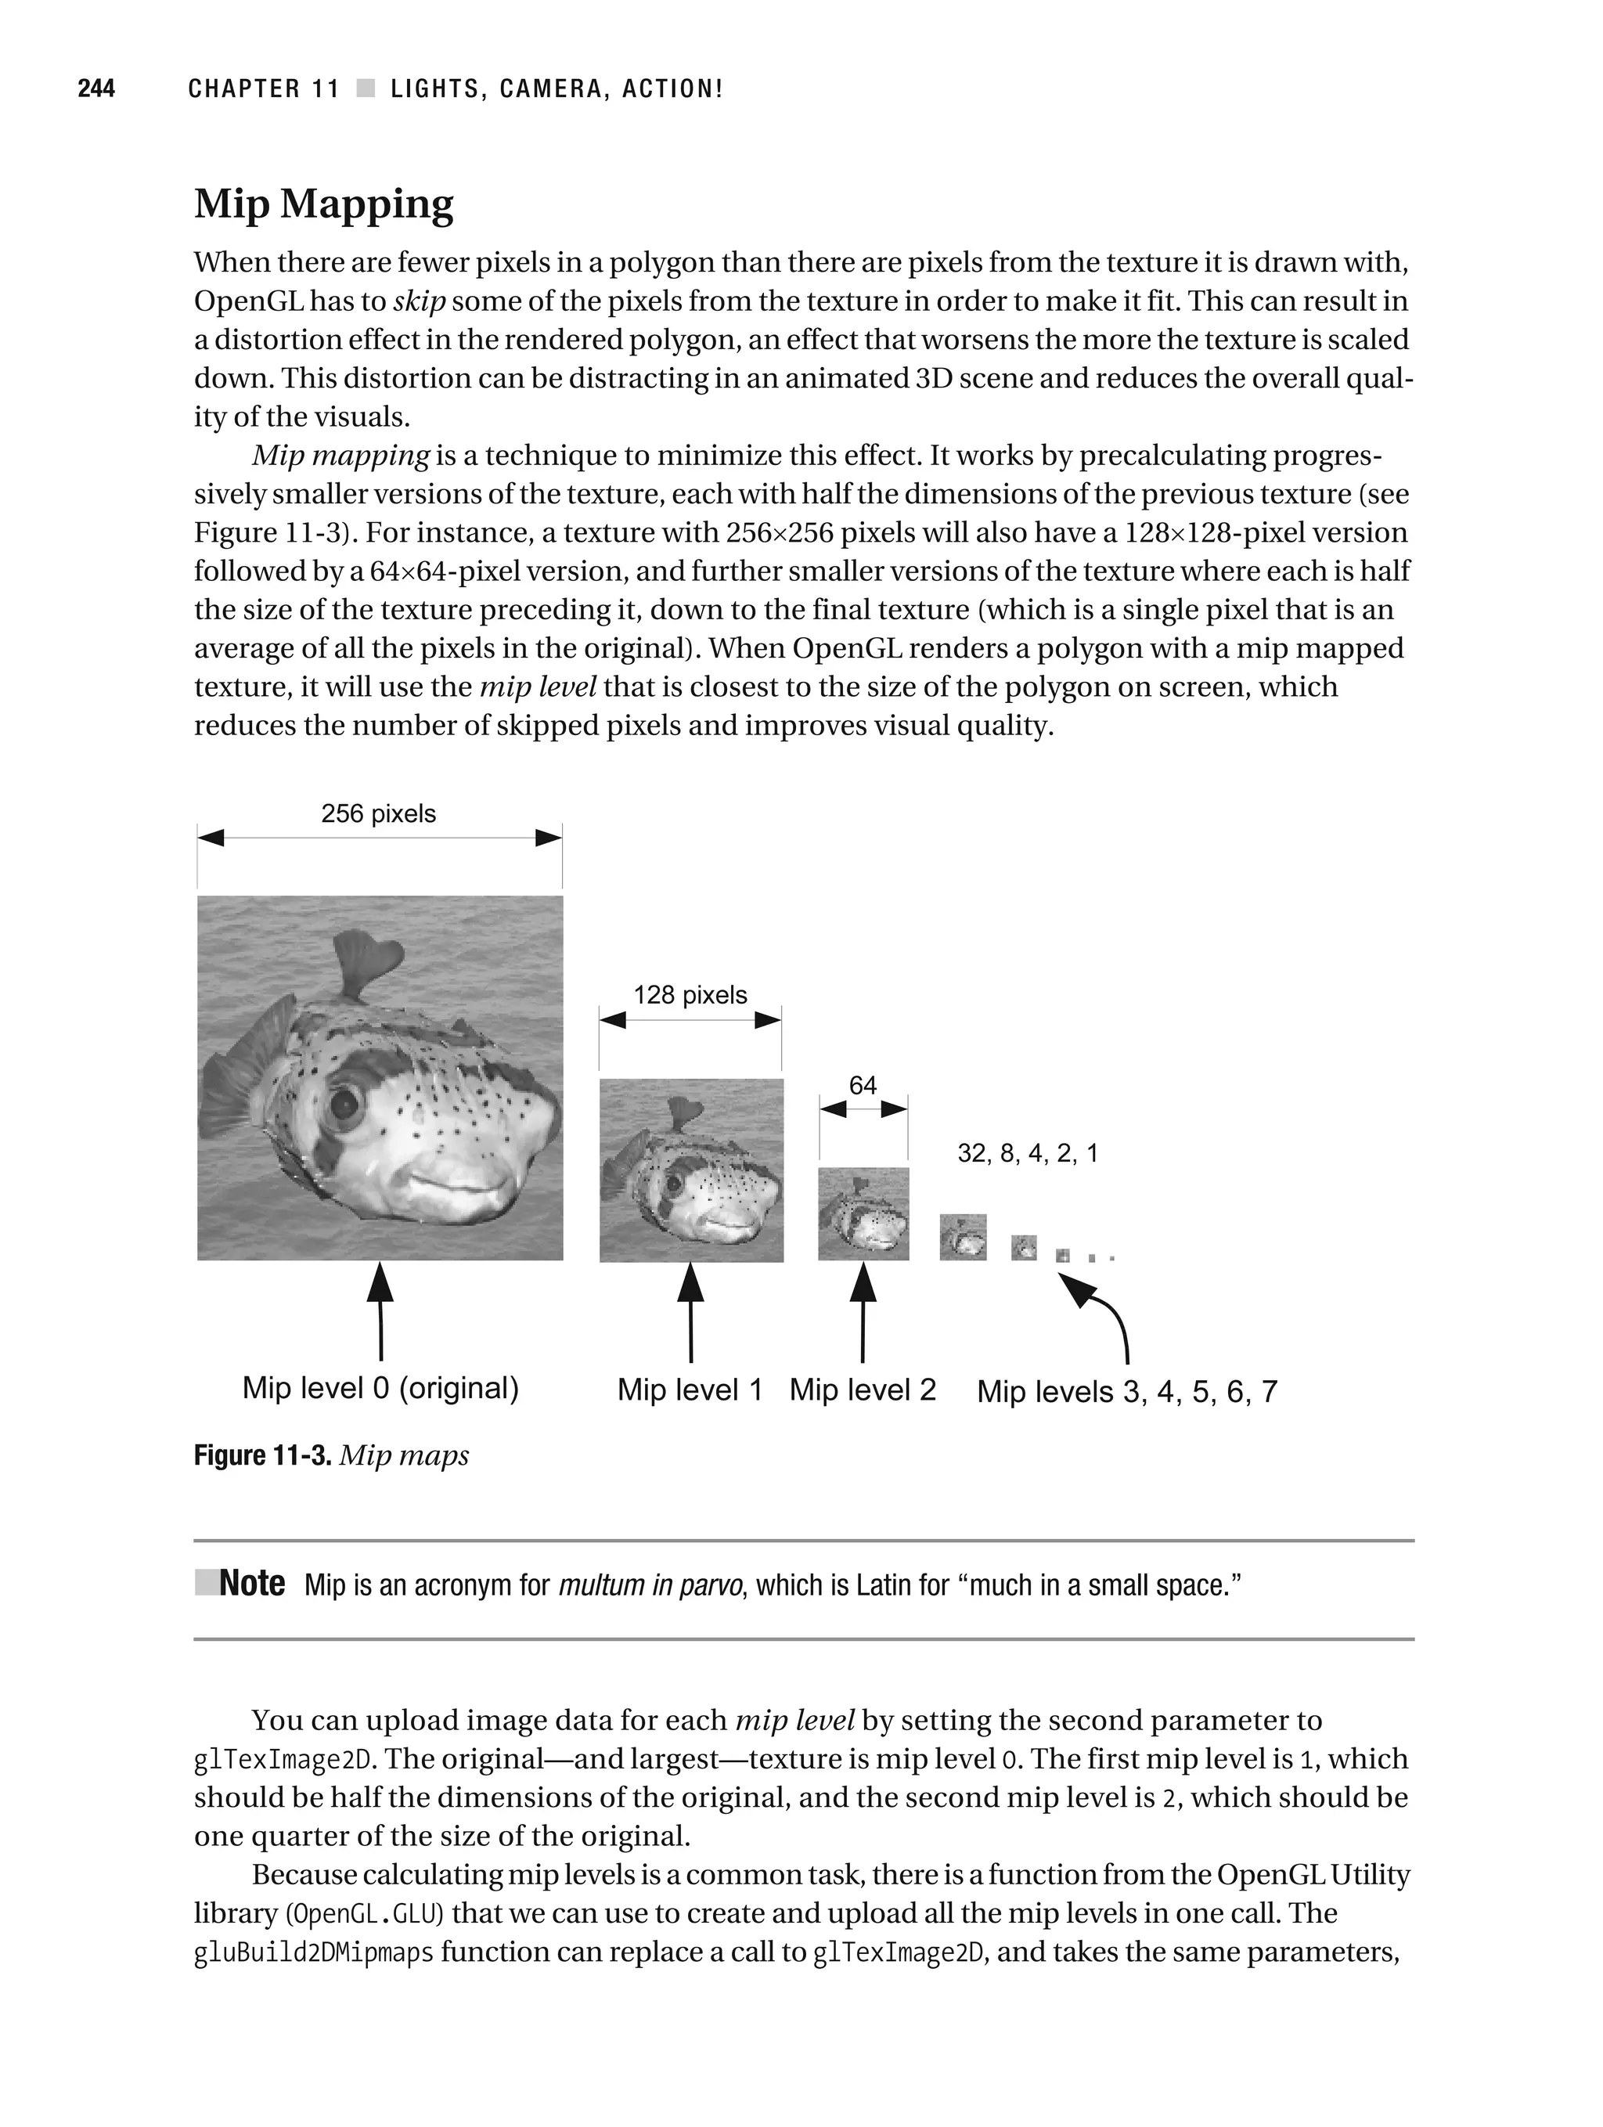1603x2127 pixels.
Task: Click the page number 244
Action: pos(96,89)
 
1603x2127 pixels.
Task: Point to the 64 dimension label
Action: pos(863,1086)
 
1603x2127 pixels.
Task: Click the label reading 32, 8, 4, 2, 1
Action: pos(1027,1153)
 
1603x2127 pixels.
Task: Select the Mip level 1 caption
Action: pos(690,1390)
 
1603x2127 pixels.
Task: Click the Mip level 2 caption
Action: pos(863,1390)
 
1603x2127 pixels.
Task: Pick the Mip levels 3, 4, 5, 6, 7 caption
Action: pos(1127,1391)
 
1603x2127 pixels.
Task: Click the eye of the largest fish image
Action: pos(340,1104)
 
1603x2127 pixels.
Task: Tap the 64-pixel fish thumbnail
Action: pos(863,1213)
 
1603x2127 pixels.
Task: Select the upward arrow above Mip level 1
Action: pos(690,1313)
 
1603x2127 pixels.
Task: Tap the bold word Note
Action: pos(252,1584)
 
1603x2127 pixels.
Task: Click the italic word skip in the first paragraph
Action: pos(420,301)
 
